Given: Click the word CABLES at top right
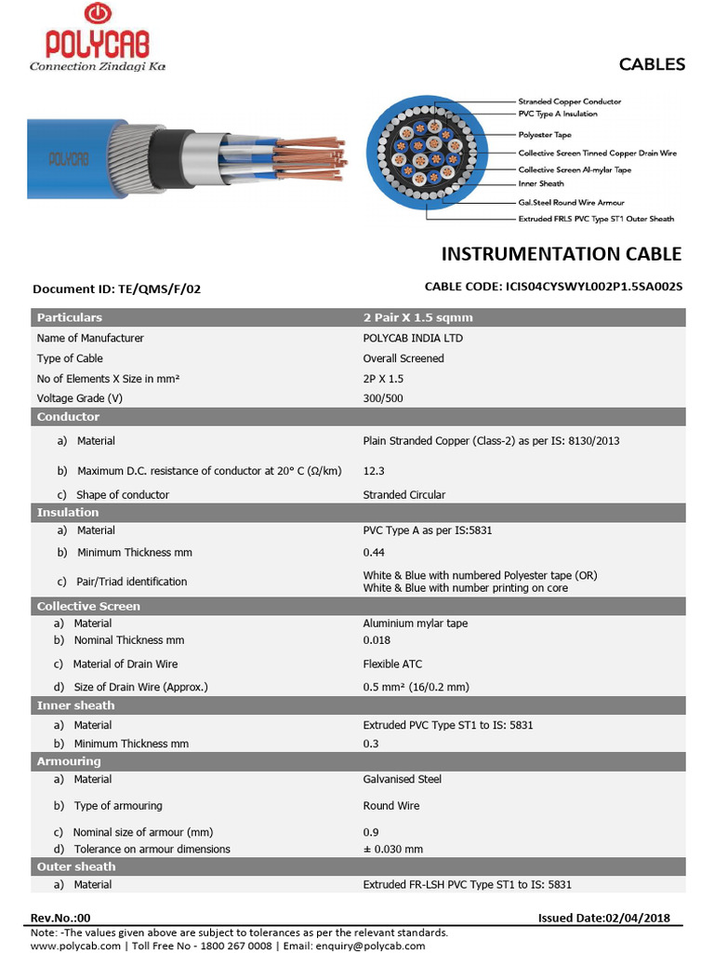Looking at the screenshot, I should click(652, 64).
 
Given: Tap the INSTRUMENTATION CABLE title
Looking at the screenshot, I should click(561, 254).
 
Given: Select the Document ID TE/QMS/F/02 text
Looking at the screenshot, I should click(116, 289).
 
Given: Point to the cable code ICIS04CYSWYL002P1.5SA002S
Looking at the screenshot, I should click(553, 287).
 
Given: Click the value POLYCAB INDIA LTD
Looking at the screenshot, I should click(412, 338).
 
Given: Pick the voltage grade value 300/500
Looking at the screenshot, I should click(383, 398).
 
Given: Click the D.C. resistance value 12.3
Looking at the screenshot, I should click(373, 471).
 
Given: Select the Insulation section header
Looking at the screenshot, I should click(68, 513).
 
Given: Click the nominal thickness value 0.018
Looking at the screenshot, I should click(377, 640).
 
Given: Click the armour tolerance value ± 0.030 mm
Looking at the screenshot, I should click(392, 849).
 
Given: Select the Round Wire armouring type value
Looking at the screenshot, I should click(390, 806).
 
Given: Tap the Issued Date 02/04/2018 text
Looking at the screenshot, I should click(603, 918).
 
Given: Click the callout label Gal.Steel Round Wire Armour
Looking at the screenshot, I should click(571, 202).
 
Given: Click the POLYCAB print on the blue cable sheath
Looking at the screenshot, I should click(69, 157).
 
